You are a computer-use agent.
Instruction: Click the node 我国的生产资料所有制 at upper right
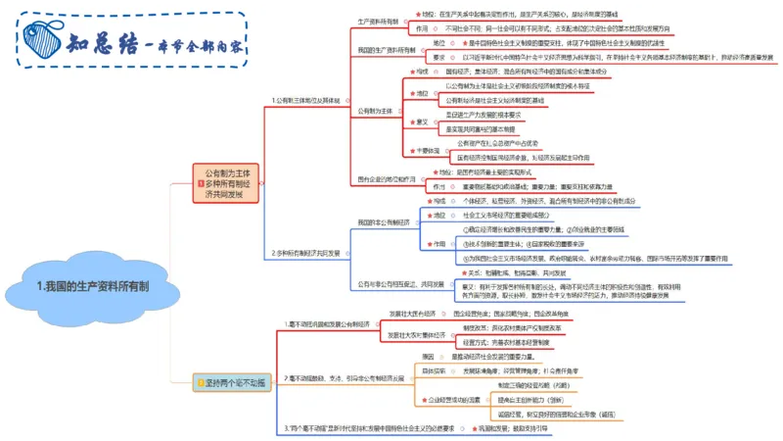click(x=391, y=50)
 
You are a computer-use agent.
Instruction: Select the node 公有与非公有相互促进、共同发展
click(x=401, y=284)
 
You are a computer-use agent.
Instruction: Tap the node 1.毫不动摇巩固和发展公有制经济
click(x=328, y=322)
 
